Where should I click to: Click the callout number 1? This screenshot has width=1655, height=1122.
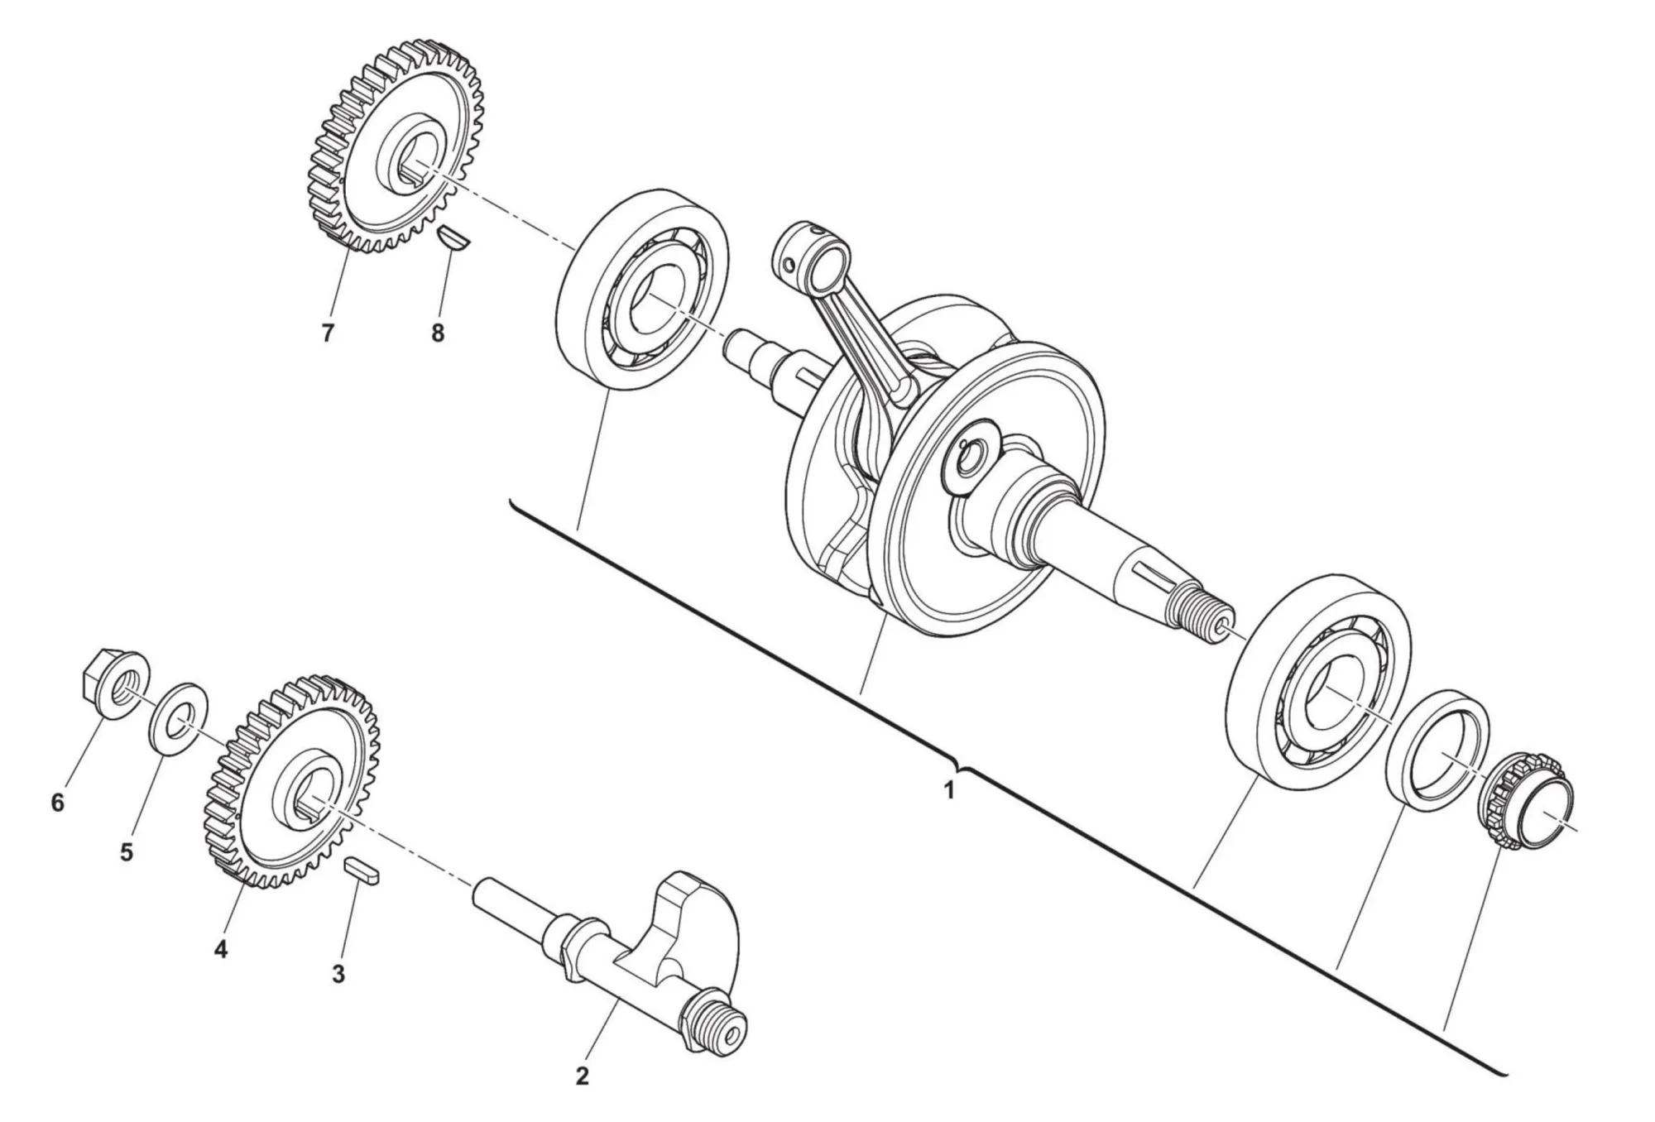click(949, 790)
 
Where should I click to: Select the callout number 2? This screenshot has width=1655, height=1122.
click(582, 1076)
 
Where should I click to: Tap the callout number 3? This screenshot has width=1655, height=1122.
click(338, 974)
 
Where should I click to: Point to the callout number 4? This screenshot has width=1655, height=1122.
click(220, 949)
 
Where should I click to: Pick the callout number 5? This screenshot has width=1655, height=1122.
click(126, 852)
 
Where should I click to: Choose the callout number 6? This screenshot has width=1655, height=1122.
click(57, 803)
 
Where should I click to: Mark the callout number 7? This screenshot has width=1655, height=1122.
click(328, 333)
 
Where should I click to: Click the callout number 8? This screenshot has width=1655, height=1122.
click(437, 333)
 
